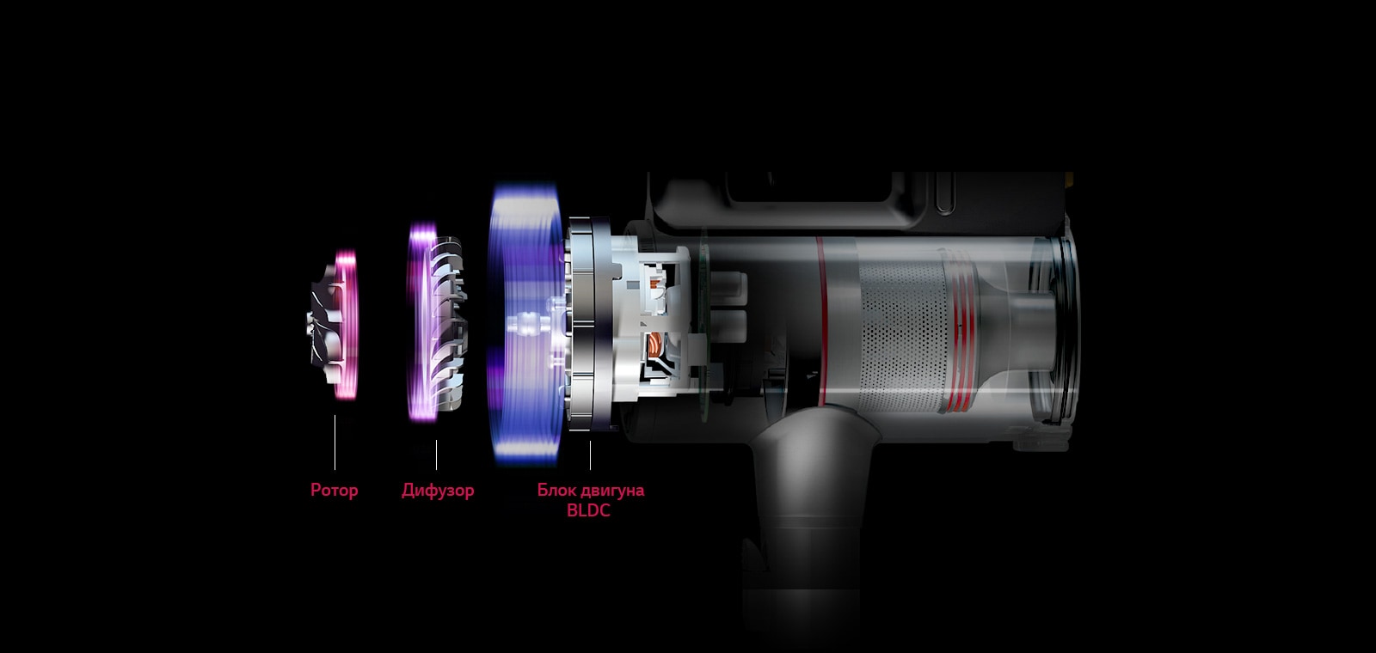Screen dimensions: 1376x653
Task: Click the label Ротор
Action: click(335, 490)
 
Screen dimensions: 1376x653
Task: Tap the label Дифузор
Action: click(438, 491)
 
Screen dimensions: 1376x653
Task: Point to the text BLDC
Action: click(588, 510)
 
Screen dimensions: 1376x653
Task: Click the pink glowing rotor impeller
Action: click(334, 324)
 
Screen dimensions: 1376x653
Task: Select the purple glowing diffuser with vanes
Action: click(436, 322)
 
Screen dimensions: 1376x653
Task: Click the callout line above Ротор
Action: click(335, 442)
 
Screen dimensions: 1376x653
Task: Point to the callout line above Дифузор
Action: click(436, 455)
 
